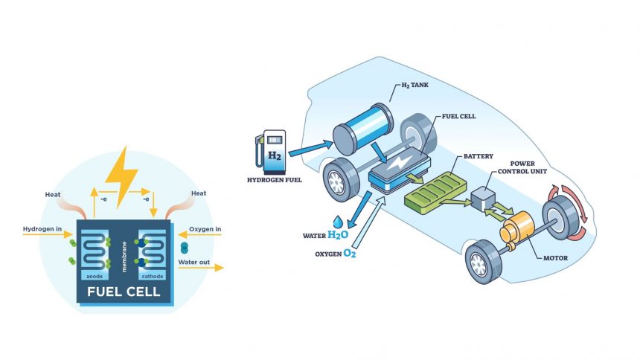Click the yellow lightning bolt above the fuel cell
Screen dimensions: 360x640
(122, 176)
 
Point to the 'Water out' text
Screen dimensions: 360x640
(193, 261)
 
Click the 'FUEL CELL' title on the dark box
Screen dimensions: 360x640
(124, 292)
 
